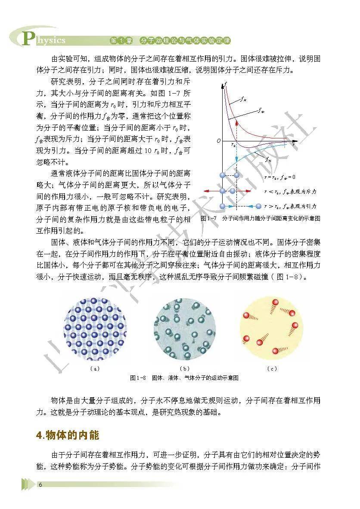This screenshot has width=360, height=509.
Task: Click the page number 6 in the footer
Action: click(40, 485)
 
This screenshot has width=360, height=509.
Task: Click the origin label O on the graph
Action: click(218, 141)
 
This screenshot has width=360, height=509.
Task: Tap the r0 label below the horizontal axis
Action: click(234, 145)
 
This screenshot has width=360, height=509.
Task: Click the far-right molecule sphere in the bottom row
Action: click(259, 206)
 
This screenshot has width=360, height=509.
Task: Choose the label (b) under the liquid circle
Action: click(184, 368)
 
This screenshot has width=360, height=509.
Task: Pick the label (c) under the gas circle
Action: click(272, 368)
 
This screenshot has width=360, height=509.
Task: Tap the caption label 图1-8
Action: click(138, 378)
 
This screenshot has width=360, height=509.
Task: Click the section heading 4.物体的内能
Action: click(68, 435)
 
